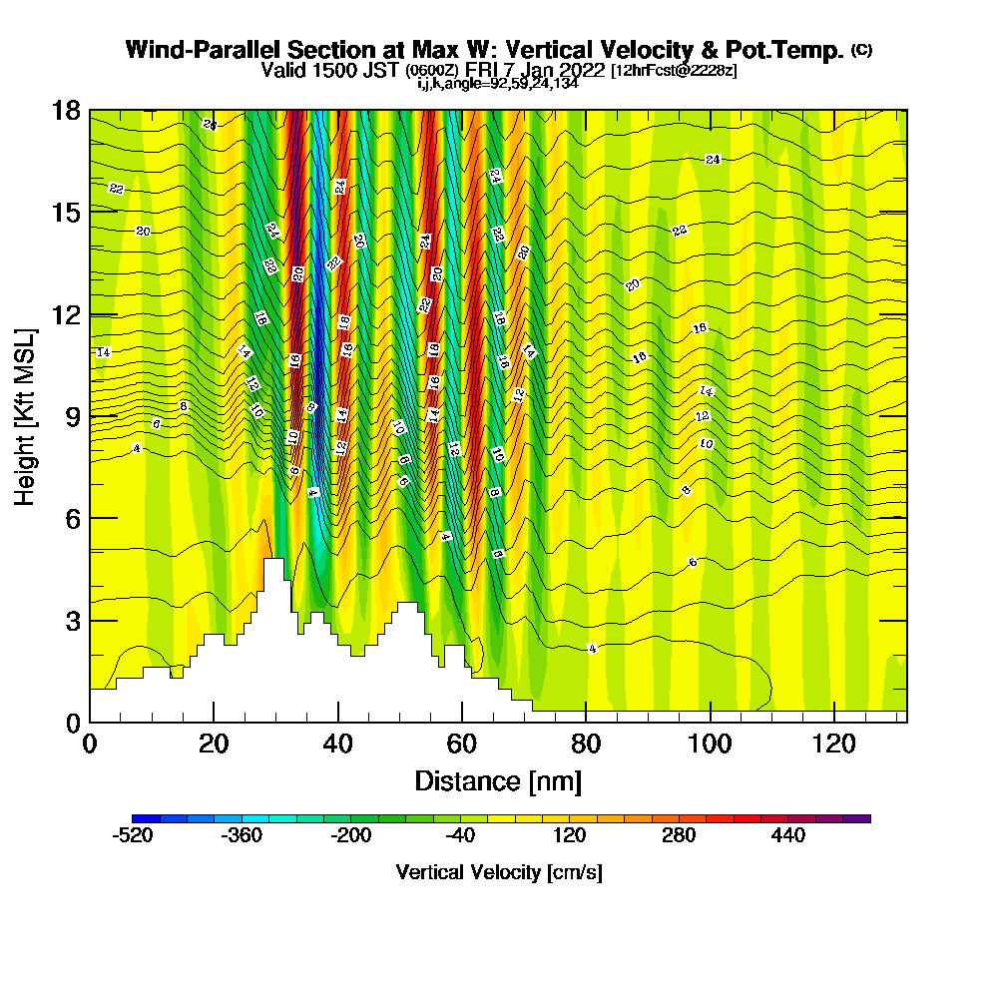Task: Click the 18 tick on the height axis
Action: tap(66, 110)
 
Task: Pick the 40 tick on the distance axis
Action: tap(338, 744)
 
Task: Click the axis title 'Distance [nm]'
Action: tap(498, 779)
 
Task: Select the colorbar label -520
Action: tap(134, 835)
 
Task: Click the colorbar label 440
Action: tap(788, 835)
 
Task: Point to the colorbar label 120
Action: tap(570, 835)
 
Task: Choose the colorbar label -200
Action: tap(351, 835)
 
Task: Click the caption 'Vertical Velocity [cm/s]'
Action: tap(499, 872)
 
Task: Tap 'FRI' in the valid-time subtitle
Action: tap(481, 70)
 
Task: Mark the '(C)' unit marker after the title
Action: tap(860, 49)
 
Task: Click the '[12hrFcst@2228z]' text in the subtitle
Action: tap(674, 71)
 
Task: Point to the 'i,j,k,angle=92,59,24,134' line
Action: tap(498, 84)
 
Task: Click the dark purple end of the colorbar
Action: tap(858, 818)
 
